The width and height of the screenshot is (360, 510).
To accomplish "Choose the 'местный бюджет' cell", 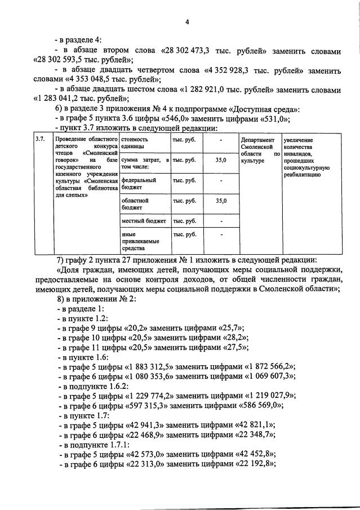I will tap(144, 221).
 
